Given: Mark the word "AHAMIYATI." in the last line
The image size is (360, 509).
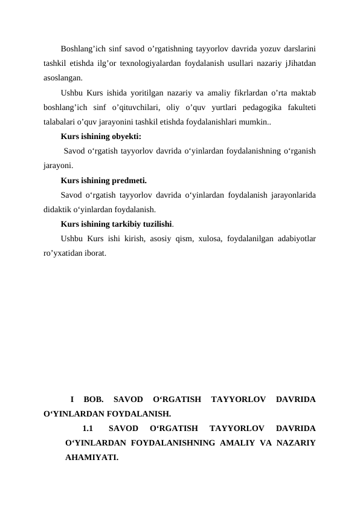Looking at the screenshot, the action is (92, 458).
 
